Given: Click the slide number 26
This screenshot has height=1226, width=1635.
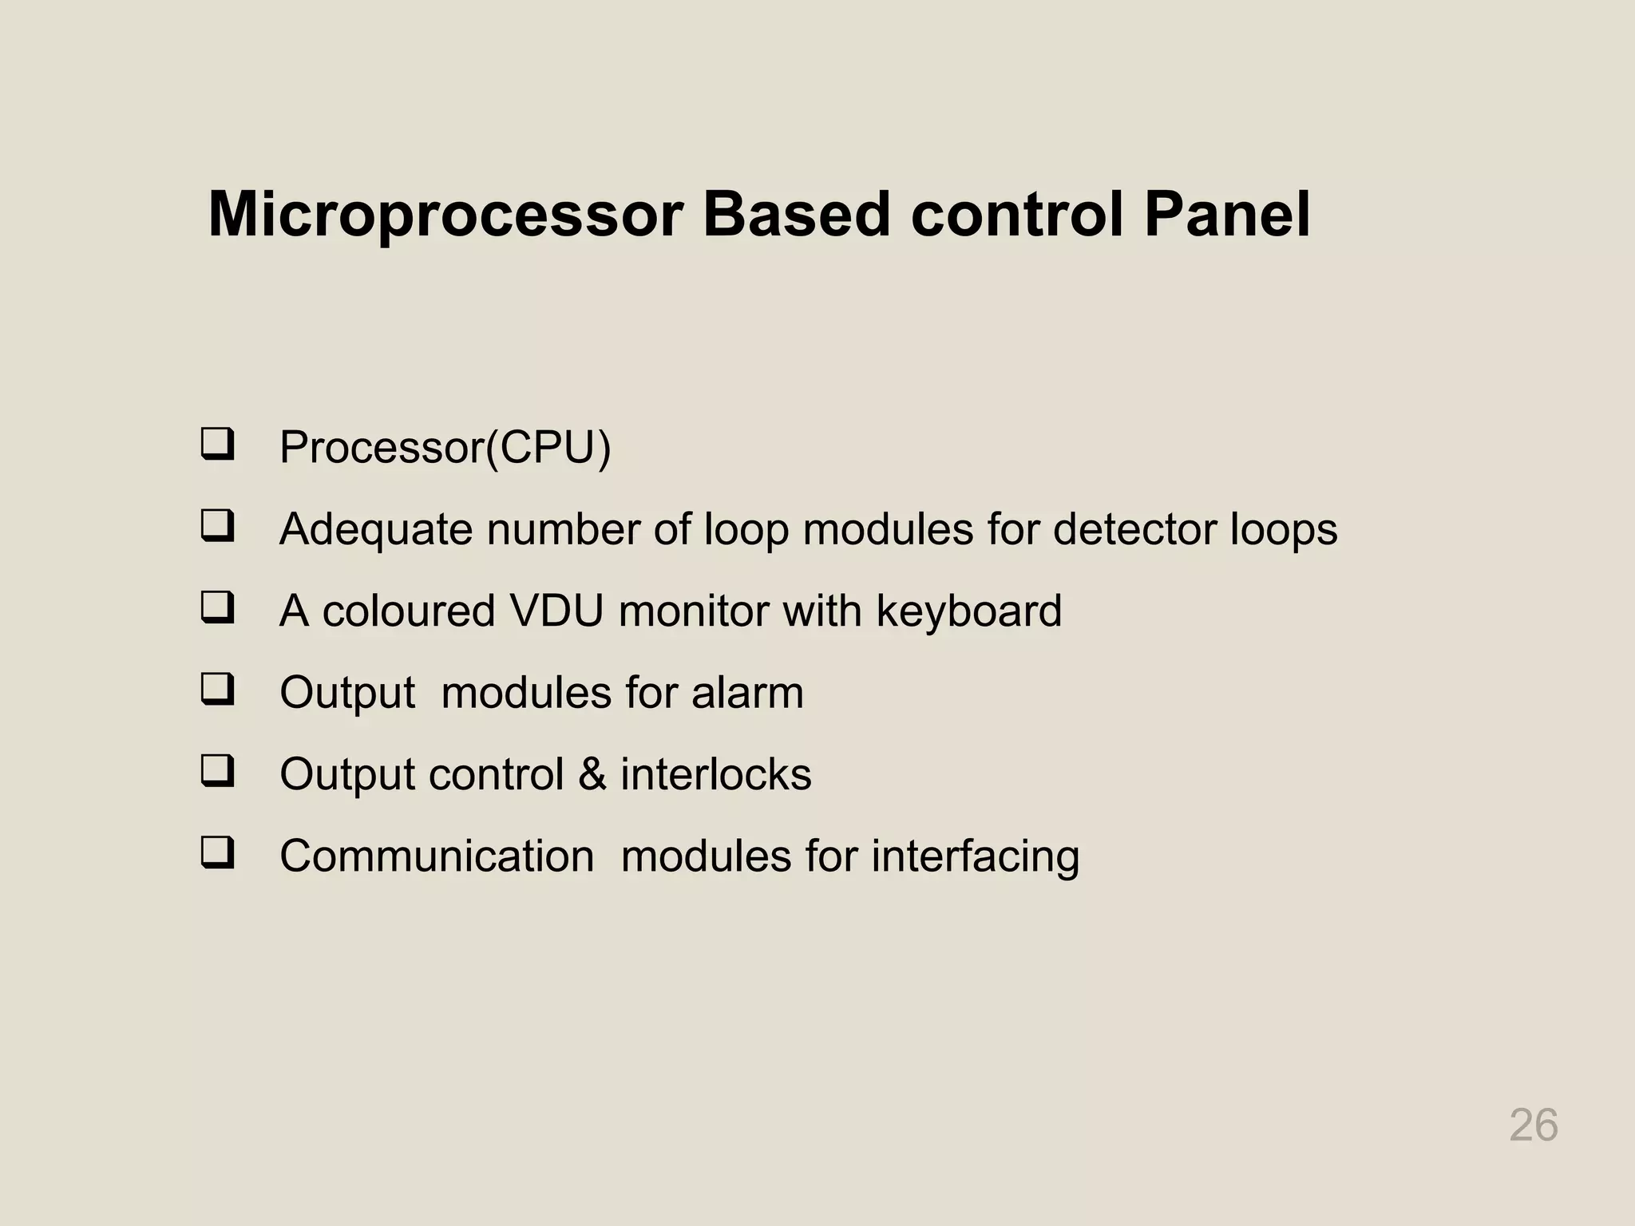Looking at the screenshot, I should click(1533, 1125).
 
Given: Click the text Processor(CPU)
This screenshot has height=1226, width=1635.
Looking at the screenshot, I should click(445, 447).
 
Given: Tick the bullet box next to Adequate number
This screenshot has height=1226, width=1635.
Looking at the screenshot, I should click(217, 526).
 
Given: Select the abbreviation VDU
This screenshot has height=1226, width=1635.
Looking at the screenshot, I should click(556, 611).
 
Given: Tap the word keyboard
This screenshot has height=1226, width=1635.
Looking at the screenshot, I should click(968, 611).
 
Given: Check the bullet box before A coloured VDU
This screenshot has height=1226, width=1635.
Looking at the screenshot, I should click(217, 607).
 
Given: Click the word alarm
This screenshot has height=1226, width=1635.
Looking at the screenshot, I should click(747, 692).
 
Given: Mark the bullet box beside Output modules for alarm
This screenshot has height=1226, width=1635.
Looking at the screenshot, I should click(217, 689).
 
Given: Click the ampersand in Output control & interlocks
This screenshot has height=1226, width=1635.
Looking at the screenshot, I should click(592, 774).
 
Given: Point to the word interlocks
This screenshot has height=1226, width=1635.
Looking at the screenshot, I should click(715, 774).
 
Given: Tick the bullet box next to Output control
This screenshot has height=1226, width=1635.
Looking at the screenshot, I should click(217, 771).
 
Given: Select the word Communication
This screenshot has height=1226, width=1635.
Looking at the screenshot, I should click(437, 856).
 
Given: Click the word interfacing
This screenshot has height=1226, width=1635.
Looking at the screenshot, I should click(975, 857).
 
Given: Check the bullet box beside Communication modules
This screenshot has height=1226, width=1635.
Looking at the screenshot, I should click(217, 852).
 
